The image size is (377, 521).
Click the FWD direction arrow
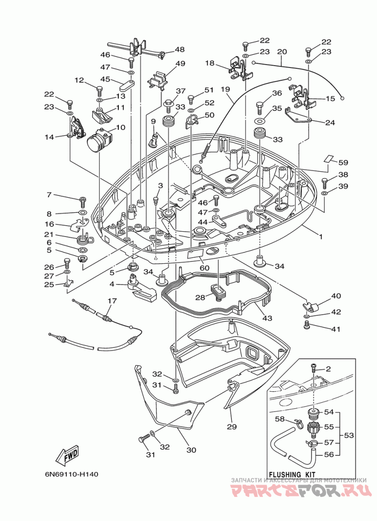pyautogui.click(x=68, y=454)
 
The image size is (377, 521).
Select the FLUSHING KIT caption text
pyautogui.click(x=292, y=474)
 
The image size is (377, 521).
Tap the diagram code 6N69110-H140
pyautogui.click(x=72, y=474)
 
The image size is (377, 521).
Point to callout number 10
pyautogui.click(x=121, y=127)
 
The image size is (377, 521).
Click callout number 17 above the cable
pyautogui.click(x=112, y=301)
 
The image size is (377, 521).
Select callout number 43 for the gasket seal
pyautogui.click(x=267, y=318)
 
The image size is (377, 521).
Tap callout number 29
pyautogui.click(x=232, y=427)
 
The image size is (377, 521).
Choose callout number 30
pyautogui.click(x=191, y=450)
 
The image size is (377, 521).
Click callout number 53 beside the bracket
pyautogui.click(x=349, y=435)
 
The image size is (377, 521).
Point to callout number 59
pyautogui.click(x=343, y=162)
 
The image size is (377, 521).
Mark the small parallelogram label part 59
pyautogui.click(x=328, y=159)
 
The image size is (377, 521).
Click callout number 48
pyautogui.click(x=180, y=50)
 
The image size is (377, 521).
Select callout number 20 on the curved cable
pyautogui.click(x=282, y=52)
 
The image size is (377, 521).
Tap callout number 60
pyautogui.click(x=205, y=268)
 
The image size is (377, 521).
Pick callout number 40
pyautogui.click(x=336, y=296)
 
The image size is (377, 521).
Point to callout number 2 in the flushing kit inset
pyautogui.click(x=328, y=369)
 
